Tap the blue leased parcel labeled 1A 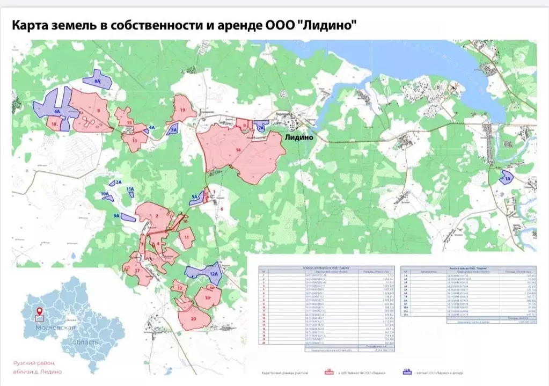click(x=506, y=177)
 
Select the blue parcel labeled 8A click(x=98, y=79)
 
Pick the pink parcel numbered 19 click(x=182, y=110)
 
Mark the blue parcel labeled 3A click(x=173, y=129)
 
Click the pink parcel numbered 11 click(x=186, y=237)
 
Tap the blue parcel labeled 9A click(x=128, y=217)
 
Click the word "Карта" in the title click(x=32, y=25)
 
